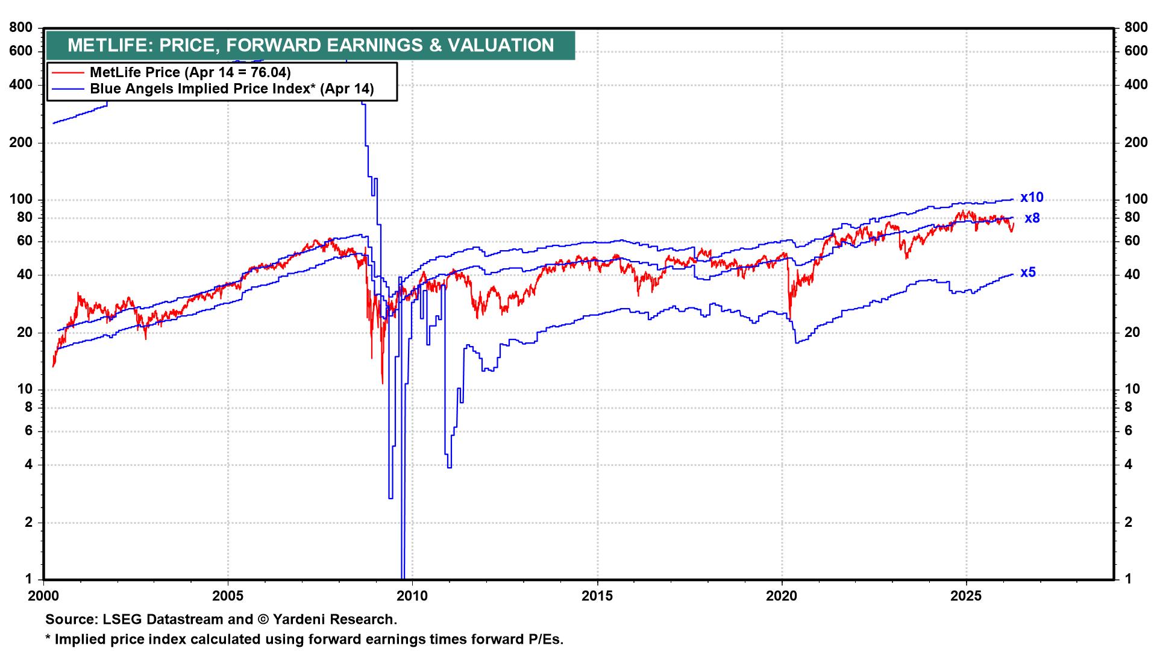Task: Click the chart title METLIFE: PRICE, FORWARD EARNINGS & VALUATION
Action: tap(310, 45)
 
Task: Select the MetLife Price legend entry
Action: tap(190, 72)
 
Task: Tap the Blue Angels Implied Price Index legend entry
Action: tap(231, 89)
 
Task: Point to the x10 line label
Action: tap(1031, 198)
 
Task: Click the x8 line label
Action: tap(1032, 218)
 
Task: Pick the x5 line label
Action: tap(1027, 272)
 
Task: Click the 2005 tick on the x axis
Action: tap(228, 596)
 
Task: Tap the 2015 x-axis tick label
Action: tap(597, 596)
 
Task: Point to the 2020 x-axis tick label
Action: tap(782, 596)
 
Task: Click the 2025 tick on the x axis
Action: tap(967, 596)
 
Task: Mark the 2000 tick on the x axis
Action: tap(43, 596)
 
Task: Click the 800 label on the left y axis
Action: tap(20, 28)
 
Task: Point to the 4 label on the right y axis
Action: tap(1129, 465)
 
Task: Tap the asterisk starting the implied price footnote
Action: tap(48, 638)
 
